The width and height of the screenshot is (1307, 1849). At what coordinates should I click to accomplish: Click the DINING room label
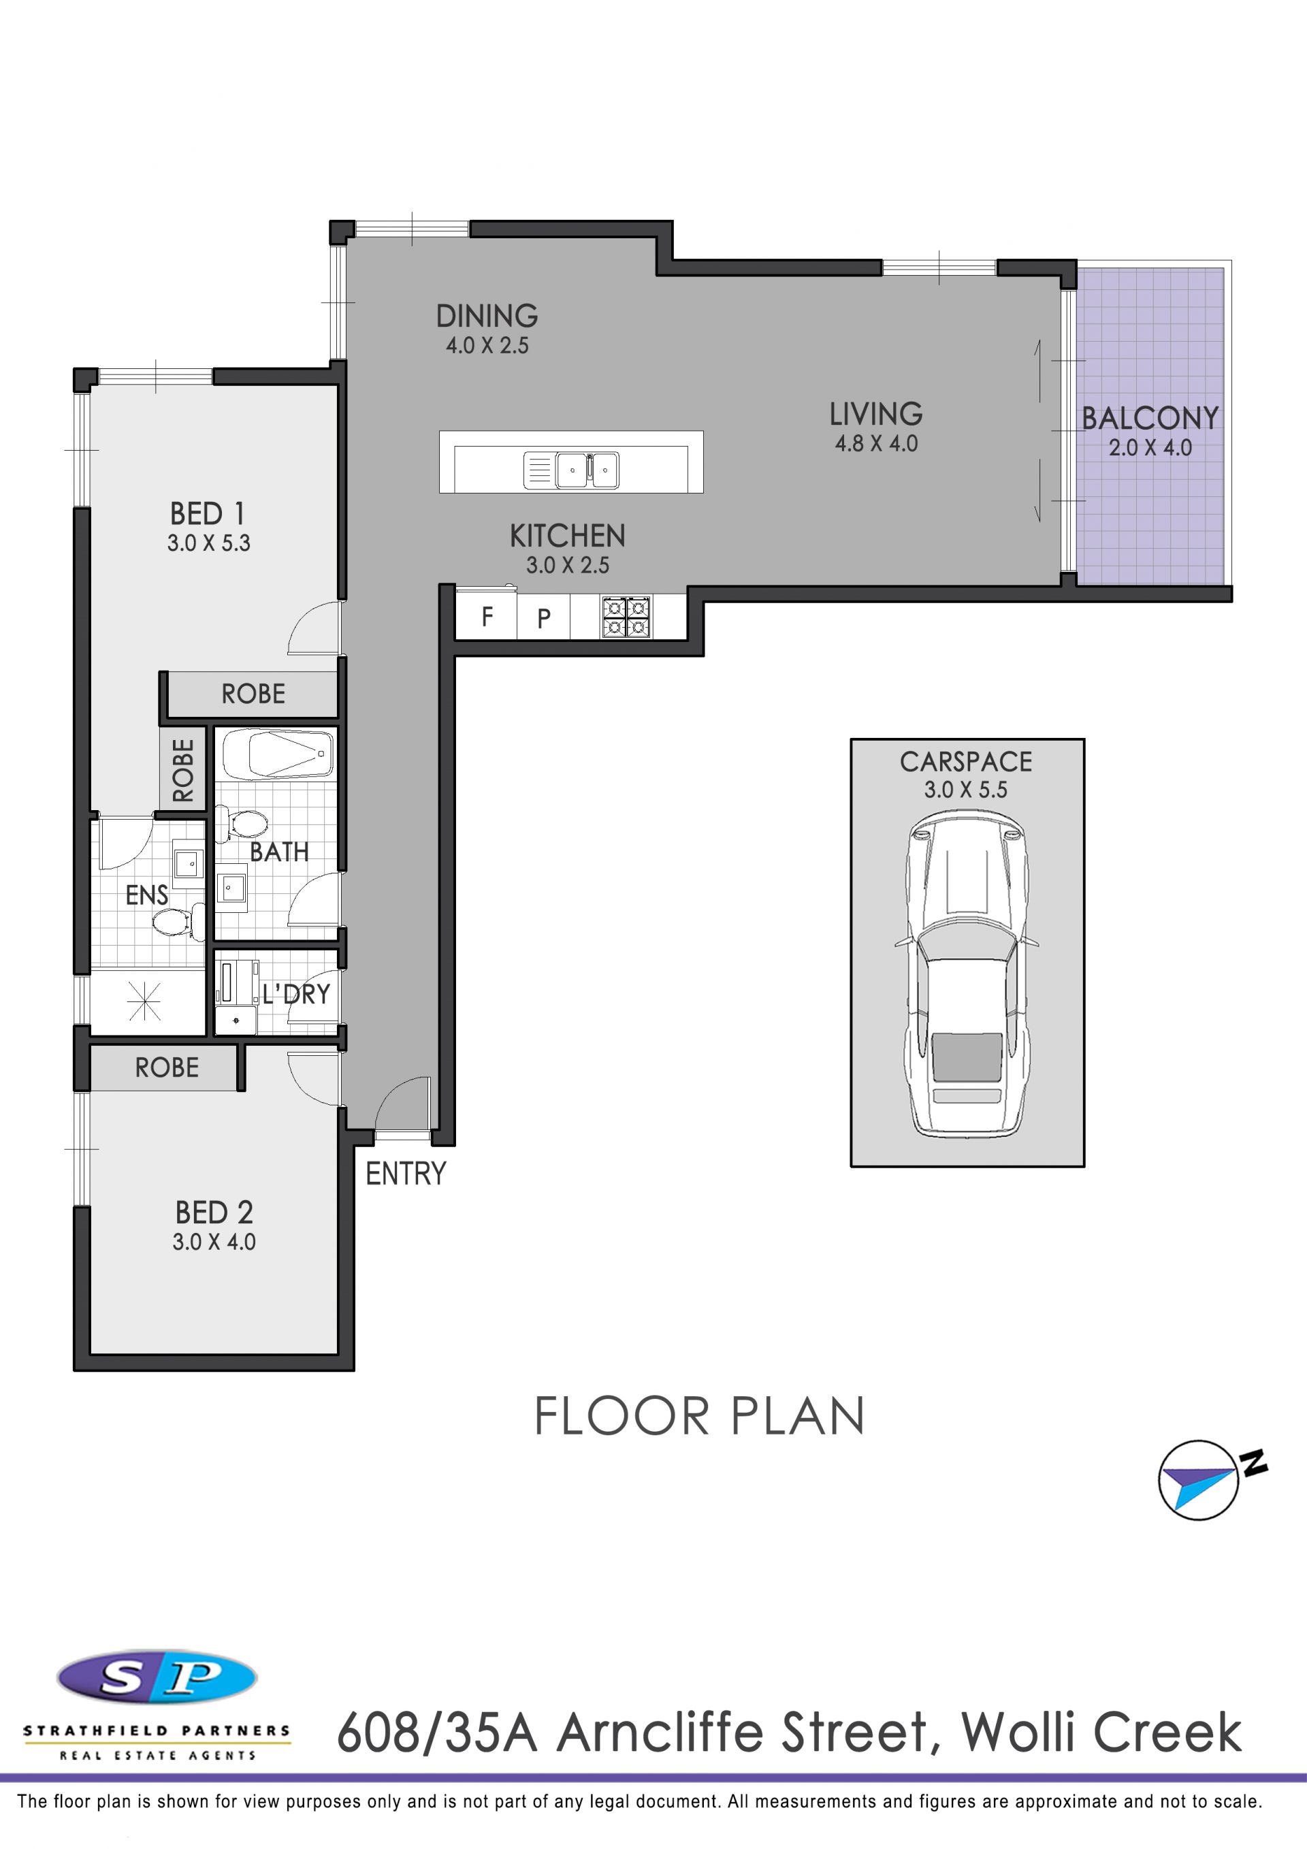pos(487,316)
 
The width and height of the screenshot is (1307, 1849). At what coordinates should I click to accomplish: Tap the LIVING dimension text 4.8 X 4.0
pos(876,444)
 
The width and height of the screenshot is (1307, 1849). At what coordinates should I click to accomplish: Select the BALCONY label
pos(1150,418)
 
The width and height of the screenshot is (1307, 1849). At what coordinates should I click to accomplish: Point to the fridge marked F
pos(487,617)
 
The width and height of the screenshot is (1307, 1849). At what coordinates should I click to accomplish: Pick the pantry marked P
pos(544,617)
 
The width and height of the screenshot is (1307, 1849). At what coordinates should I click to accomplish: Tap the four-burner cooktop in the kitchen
pos(626,617)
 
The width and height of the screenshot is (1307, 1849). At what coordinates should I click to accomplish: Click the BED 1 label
pos(207,514)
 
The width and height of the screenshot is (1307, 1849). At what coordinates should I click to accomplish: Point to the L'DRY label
pos(295,995)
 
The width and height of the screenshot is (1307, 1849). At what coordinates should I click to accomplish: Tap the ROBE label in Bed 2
pos(167,1068)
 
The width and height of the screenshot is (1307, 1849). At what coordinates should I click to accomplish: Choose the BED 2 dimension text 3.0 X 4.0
pos(214,1242)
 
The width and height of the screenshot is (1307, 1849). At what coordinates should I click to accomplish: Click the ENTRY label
pos(406,1174)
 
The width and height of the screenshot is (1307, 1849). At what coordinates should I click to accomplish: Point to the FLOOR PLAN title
pos(699,1417)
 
